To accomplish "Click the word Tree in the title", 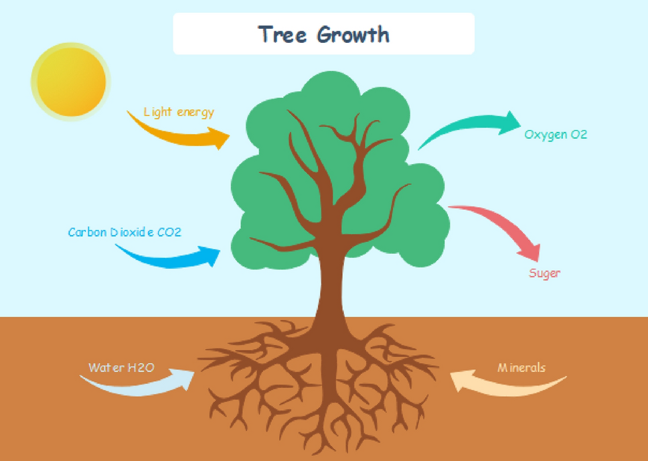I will pyautogui.click(x=284, y=34).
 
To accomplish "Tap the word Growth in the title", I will pyautogui.click(x=353, y=34).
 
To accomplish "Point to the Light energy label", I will pyautogui.click(x=179, y=112).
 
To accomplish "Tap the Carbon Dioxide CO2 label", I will pyautogui.click(x=125, y=233).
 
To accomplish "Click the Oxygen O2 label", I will pyautogui.click(x=556, y=135).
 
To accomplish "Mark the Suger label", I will pyautogui.click(x=545, y=273).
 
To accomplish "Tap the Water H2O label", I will pyautogui.click(x=122, y=368).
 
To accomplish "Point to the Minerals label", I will pyautogui.click(x=521, y=368).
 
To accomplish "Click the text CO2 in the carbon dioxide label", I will pyautogui.click(x=169, y=233).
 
